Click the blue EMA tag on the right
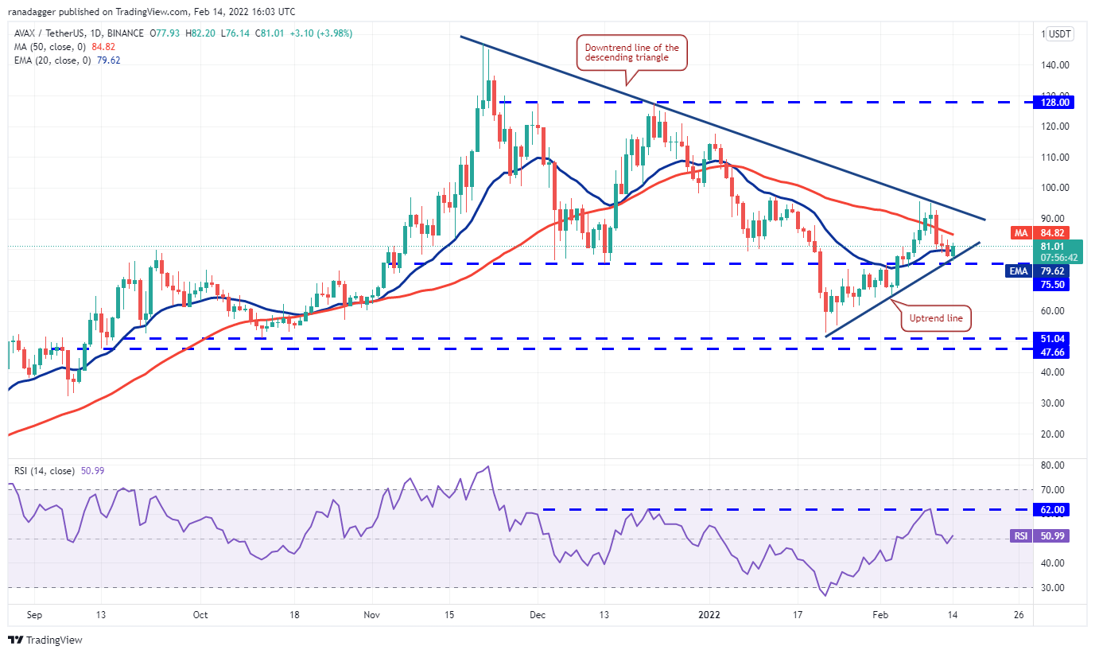click(1018, 271)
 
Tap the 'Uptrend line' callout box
click(936, 318)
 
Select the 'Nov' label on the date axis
click(371, 615)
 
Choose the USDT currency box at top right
click(1059, 33)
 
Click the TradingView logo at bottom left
click(45, 640)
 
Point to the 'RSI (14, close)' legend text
click(45, 471)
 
